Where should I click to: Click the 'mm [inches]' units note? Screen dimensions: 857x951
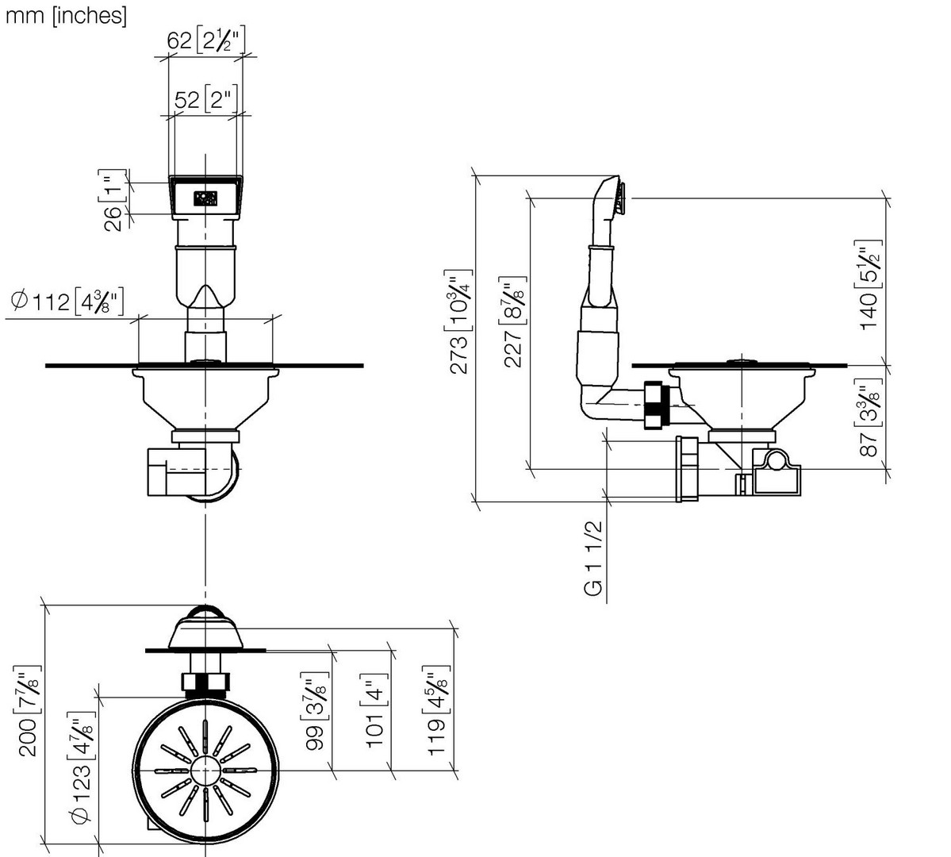(66, 16)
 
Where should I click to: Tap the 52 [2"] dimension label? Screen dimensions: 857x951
(205, 100)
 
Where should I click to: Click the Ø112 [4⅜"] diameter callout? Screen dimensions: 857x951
(67, 302)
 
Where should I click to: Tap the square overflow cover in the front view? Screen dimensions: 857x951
(205, 197)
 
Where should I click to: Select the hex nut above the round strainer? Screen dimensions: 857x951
(205, 682)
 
